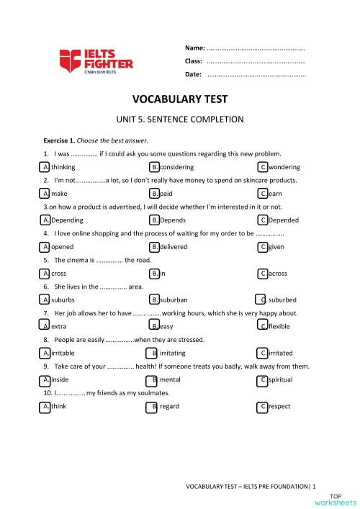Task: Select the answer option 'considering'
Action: [x=176, y=166]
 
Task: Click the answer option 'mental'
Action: [x=170, y=379]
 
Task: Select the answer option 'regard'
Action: [x=169, y=407]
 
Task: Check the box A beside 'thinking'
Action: [x=45, y=166]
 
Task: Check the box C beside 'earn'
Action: [x=263, y=194]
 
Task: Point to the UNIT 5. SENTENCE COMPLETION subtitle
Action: [x=180, y=120]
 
